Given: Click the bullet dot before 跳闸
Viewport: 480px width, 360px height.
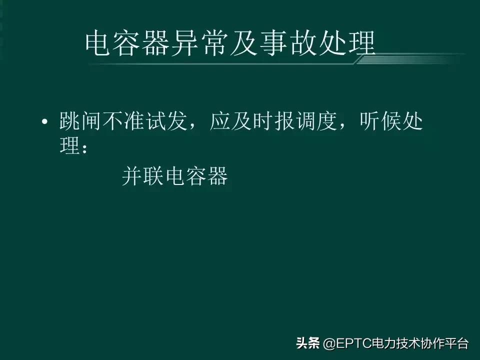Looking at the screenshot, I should [x=45, y=122].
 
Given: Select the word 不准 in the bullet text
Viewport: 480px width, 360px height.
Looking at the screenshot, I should [x=122, y=121].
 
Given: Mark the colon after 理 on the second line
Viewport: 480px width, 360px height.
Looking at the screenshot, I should [x=85, y=148].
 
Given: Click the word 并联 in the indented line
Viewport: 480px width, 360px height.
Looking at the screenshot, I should [x=143, y=176].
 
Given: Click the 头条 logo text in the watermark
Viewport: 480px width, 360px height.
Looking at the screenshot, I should [x=308, y=344].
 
